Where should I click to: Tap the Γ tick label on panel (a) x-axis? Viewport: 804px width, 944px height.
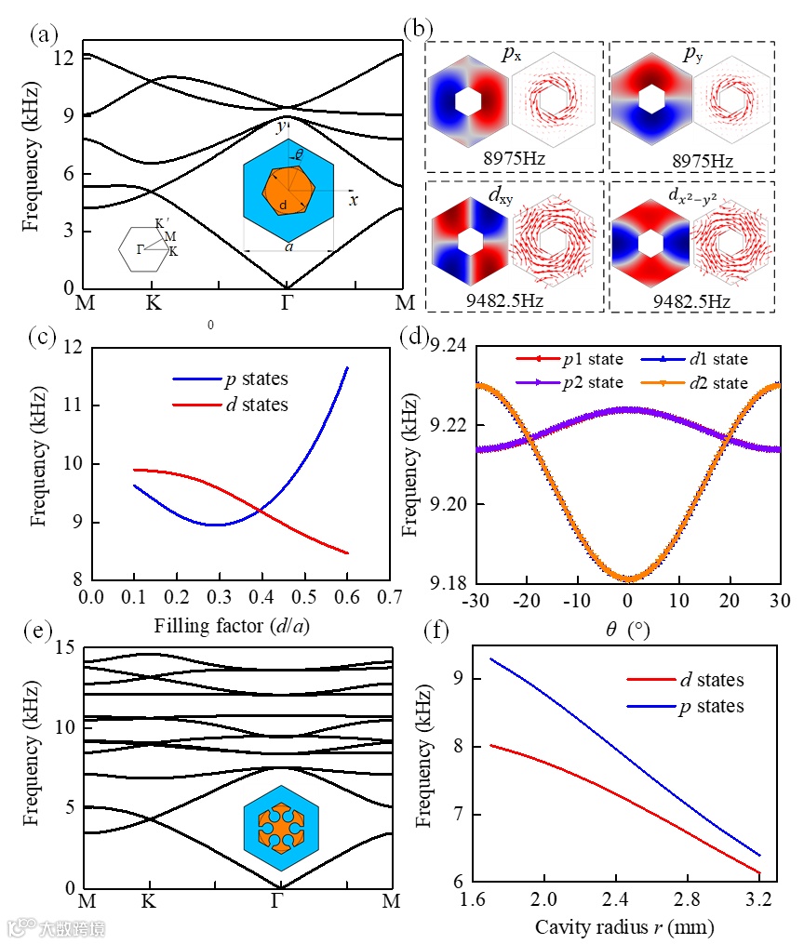[x=286, y=303]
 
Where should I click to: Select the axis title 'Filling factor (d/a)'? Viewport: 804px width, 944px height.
[x=237, y=625]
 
